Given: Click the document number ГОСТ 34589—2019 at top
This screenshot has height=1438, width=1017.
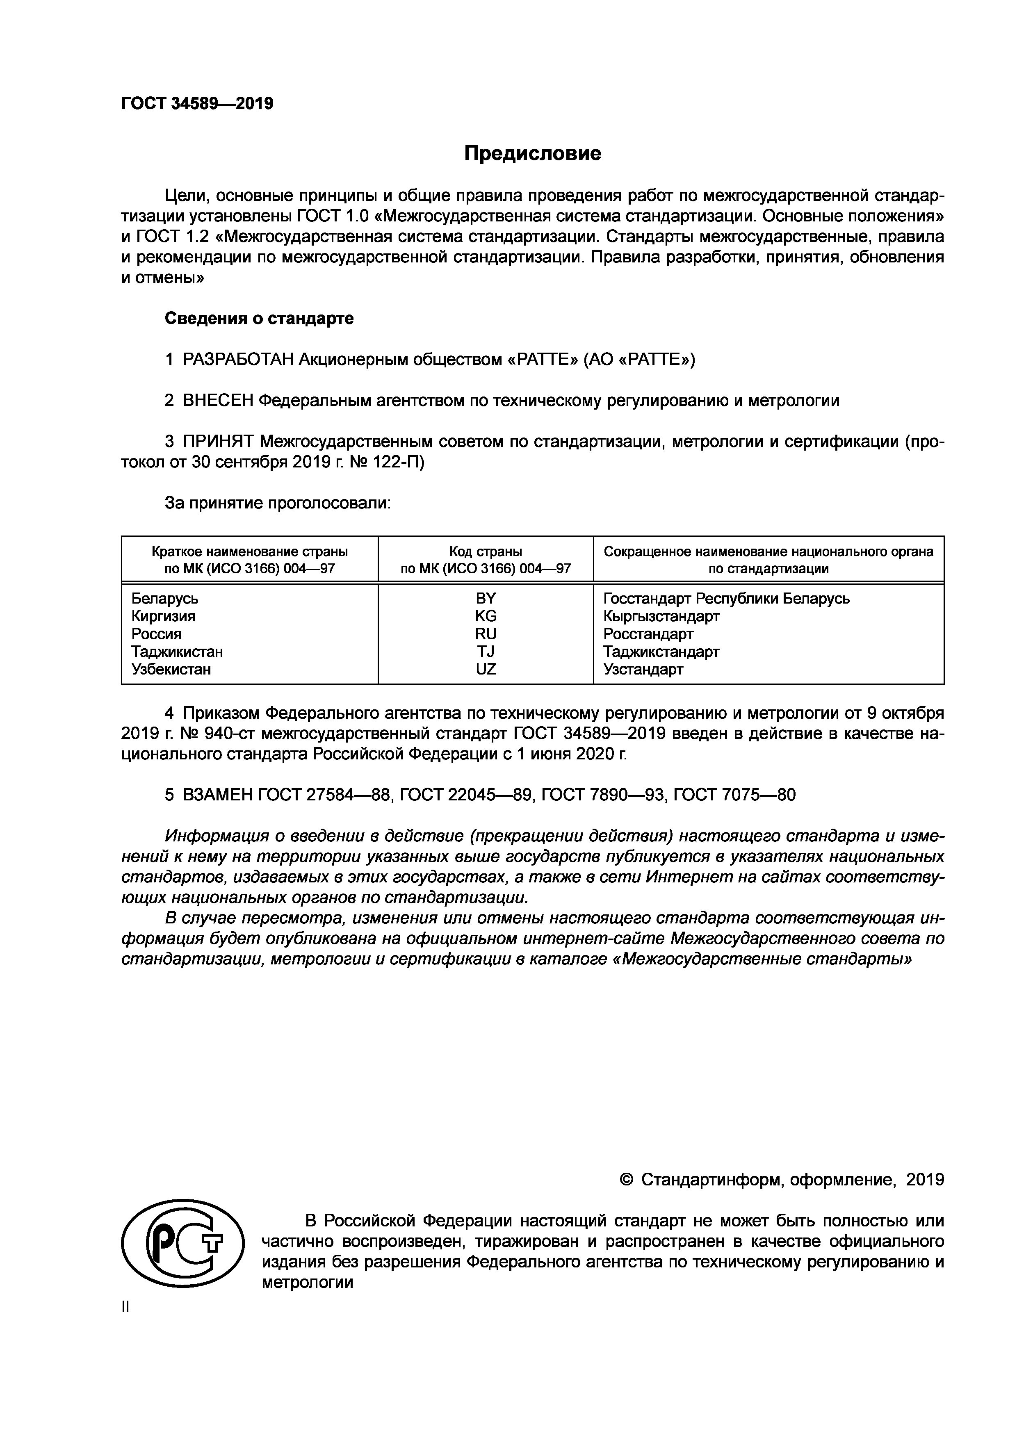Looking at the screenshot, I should [x=197, y=103].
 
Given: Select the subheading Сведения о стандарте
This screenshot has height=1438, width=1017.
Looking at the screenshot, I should [x=259, y=318].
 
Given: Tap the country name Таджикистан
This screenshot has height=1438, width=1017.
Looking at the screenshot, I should [x=177, y=652].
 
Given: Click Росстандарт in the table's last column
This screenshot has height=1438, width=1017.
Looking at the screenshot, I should [x=648, y=634].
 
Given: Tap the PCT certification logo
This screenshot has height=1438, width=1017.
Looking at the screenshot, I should [x=182, y=1251].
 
